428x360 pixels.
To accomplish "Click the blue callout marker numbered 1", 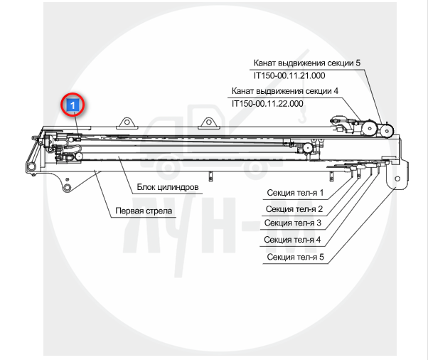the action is pos(73,105).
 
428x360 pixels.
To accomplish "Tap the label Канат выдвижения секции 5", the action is pos(307,63).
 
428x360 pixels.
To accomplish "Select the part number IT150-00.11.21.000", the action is pos(289,75).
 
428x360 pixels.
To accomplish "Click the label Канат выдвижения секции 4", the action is pos(285,91).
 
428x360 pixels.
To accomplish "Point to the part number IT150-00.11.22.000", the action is pos(267,104).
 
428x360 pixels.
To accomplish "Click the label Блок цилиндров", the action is pos(168,187).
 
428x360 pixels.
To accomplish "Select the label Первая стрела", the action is pos(144,211).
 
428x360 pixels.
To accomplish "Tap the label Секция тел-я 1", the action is pos(295,193).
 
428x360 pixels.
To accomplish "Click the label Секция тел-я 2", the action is pos(294,209).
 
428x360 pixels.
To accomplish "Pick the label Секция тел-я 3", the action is pos(293,223).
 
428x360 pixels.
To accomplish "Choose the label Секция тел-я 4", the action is pos(292,240).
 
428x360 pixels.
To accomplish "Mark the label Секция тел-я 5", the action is pos(295,257).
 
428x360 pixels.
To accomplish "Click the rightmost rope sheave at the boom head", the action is pos(387,131).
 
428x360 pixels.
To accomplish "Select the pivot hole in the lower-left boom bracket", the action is pos(67,188).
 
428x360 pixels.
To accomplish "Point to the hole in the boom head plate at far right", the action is pos(397,179).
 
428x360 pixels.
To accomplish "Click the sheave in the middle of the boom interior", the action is pos(308,148).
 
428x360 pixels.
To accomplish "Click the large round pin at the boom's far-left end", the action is pos(31,166).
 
